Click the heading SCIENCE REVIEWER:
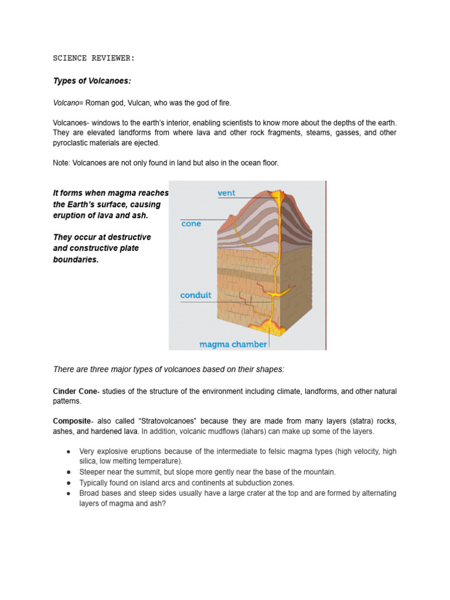tap(94, 58)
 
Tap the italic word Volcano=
tap(69, 103)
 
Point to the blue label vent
tap(226, 193)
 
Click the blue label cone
tap(191, 224)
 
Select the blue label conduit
tap(196, 295)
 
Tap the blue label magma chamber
tap(233, 345)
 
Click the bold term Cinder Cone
tap(74, 391)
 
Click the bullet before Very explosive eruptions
tap(69, 452)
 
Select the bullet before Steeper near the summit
tap(69, 472)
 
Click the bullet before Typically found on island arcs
tap(69, 483)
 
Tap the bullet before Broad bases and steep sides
tap(69, 493)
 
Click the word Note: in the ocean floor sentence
tap(62, 163)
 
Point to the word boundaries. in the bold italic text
tap(76, 260)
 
